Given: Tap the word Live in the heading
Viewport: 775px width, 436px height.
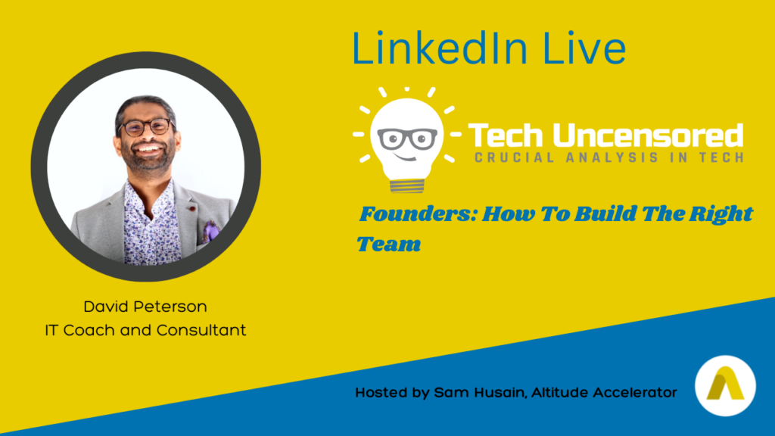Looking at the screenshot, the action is pos(584,48).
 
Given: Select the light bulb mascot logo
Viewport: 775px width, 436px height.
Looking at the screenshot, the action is pos(406,140).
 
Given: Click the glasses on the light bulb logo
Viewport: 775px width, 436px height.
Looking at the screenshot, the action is pos(407,139).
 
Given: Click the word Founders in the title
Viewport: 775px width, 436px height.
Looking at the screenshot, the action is pos(418,214).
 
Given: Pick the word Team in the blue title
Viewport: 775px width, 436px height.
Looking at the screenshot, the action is pos(389,244).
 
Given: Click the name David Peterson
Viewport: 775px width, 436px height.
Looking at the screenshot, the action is pos(145,307).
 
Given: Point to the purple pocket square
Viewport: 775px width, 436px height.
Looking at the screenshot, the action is pos(210,232).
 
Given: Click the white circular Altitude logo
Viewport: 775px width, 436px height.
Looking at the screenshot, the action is pos(725,385).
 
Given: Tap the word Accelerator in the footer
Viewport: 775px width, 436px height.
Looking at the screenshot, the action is pos(635,393).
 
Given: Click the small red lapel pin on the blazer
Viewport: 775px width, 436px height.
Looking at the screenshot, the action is pos(191,209).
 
